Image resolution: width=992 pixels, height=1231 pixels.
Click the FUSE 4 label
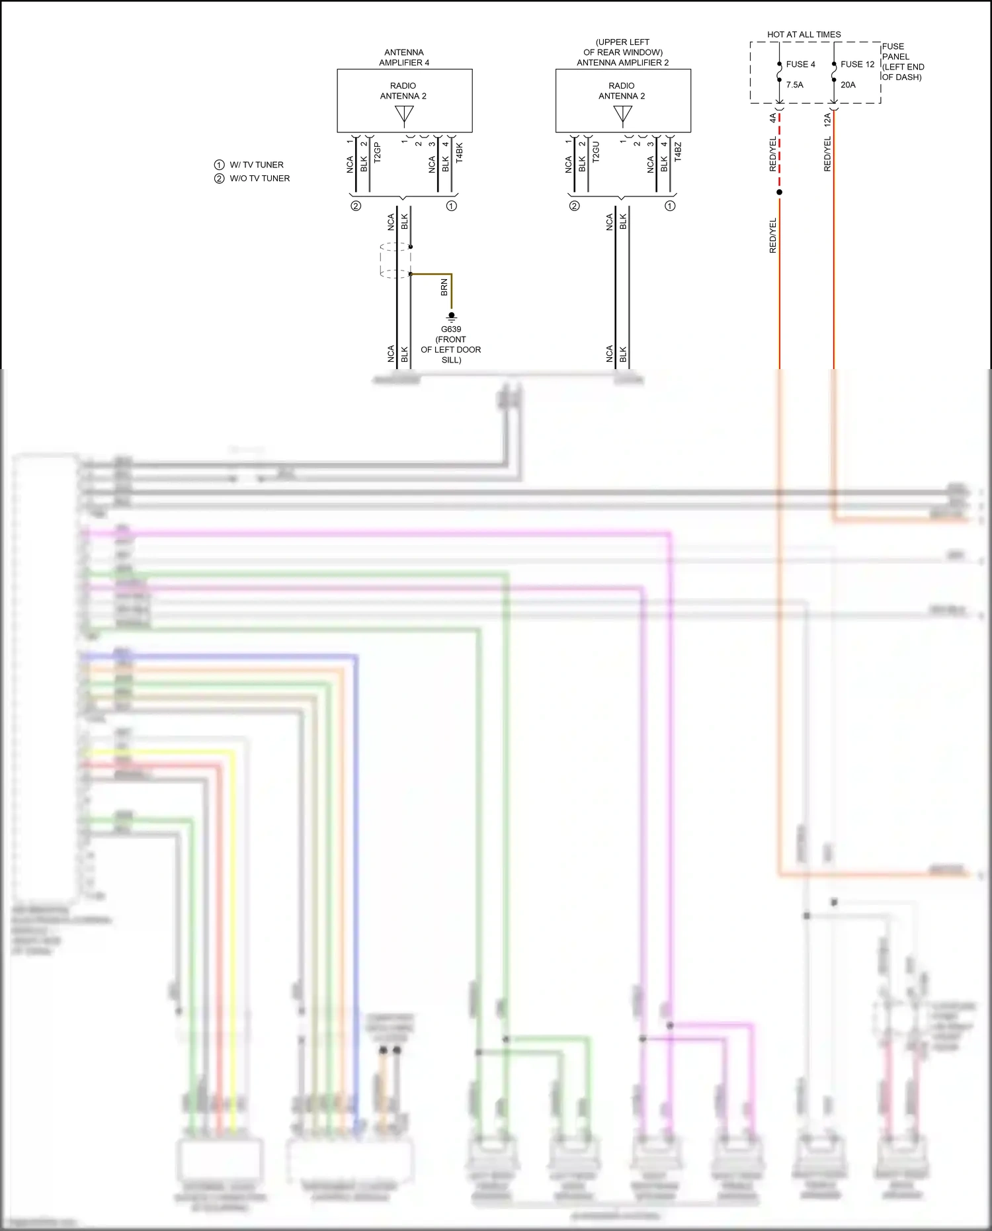click(800, 64)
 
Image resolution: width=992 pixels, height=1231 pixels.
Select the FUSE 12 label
click(857, 64)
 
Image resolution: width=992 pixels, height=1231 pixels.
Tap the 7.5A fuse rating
click(794, 85)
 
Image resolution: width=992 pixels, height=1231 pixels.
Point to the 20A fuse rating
click(848, 85)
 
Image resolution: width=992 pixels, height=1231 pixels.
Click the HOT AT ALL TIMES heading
click(804, 34)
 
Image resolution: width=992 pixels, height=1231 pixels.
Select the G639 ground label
click(451, 329)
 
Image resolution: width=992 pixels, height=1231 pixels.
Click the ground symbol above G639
click(452, 317)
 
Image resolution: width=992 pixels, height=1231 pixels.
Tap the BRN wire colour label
click(444, 287)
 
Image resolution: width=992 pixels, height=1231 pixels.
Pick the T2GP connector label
click(378, 153)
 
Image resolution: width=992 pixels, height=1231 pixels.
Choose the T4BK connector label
click(460, 153)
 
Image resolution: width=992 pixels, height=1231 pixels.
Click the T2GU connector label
click(596, 152)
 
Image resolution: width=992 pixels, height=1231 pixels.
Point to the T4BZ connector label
click(678, 153)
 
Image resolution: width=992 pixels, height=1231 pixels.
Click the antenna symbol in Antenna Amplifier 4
click(404, 115)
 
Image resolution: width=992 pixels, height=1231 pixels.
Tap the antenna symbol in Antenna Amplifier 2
click(622, 115)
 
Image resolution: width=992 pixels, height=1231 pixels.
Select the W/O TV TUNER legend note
click(259, 179)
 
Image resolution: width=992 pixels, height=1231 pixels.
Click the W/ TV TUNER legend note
click(256, 165)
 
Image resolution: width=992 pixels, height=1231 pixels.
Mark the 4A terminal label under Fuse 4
click(772, 118)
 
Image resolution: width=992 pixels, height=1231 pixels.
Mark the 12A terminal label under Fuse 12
click(827, 120)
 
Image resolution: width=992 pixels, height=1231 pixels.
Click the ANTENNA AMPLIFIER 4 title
click(404, 58)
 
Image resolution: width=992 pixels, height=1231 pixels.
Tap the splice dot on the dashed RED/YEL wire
click(779, 192)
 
